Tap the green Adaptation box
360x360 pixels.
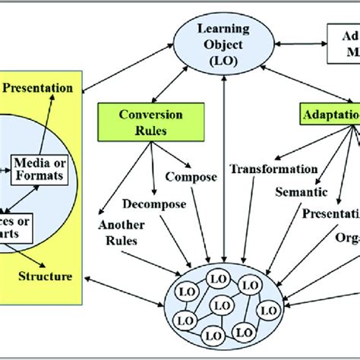(327, 119)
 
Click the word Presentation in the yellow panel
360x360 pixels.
(38, 87)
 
